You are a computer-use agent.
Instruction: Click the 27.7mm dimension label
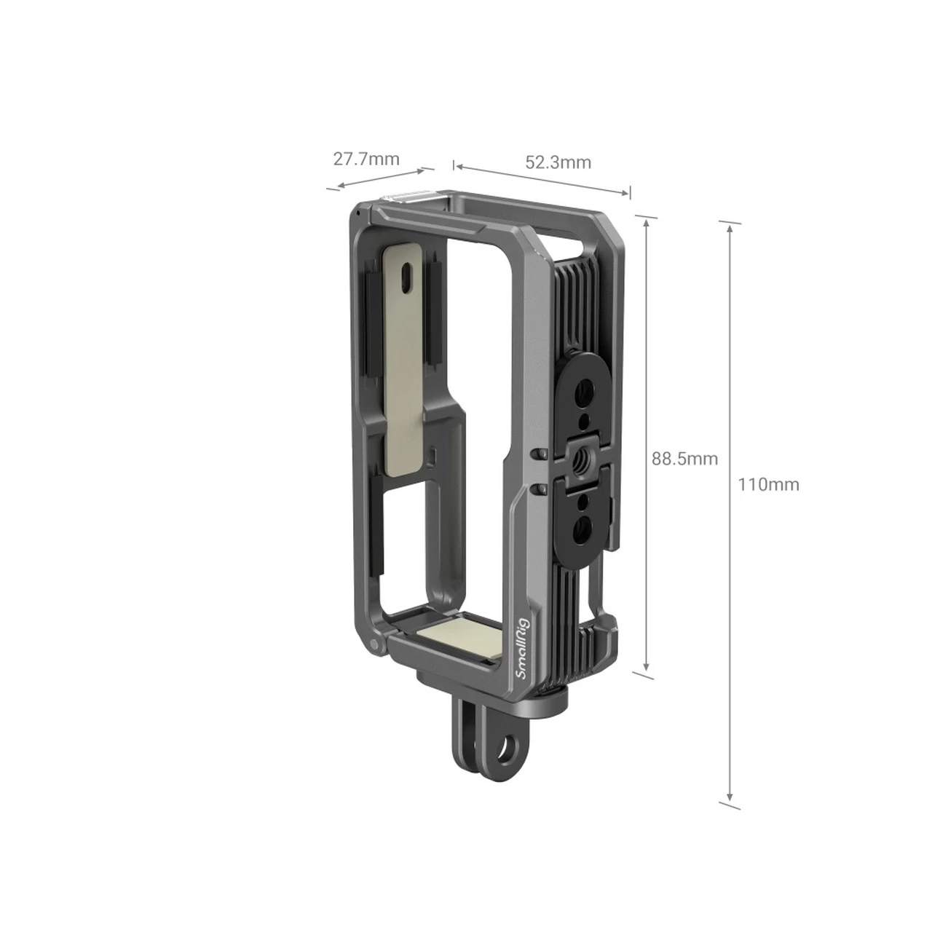[x=366, y=159]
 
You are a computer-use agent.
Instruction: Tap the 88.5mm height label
[x=684, y=459]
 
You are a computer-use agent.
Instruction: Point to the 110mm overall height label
[x=768, y=484]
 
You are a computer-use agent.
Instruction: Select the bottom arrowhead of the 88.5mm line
[x=645, y=669]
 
